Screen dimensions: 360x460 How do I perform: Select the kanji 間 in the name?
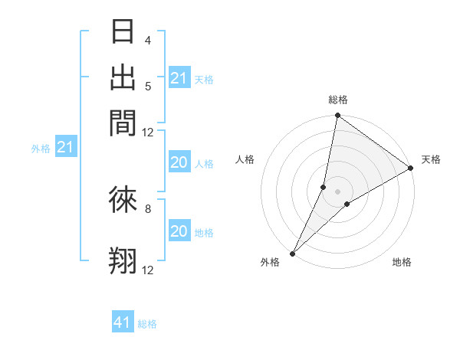(x=123, y=123)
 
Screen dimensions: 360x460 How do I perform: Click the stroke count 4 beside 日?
(x=147, y=41)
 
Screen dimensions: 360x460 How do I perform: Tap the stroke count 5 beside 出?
(x=147, y=86)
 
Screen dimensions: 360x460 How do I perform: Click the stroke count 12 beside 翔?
(x=147, y=270)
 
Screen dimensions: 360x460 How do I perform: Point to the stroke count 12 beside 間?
(x=147, y=132)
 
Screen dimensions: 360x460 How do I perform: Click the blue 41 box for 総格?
(x=123, y=322)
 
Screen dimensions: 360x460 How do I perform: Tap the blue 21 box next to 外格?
(x=64, y=148)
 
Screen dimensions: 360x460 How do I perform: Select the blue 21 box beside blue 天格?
(x=179, y=78)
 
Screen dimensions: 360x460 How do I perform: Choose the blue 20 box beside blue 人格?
(x=179, y=162)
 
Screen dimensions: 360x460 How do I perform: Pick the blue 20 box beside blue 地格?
(x=179, y=231)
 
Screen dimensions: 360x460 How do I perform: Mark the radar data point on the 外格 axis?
(x=293, y=253)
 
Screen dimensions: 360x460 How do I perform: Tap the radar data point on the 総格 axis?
(x=337, y=116)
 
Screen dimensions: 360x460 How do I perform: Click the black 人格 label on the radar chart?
(x=245, y=159)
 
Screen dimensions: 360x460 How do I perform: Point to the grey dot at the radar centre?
(x=337, y=191)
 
